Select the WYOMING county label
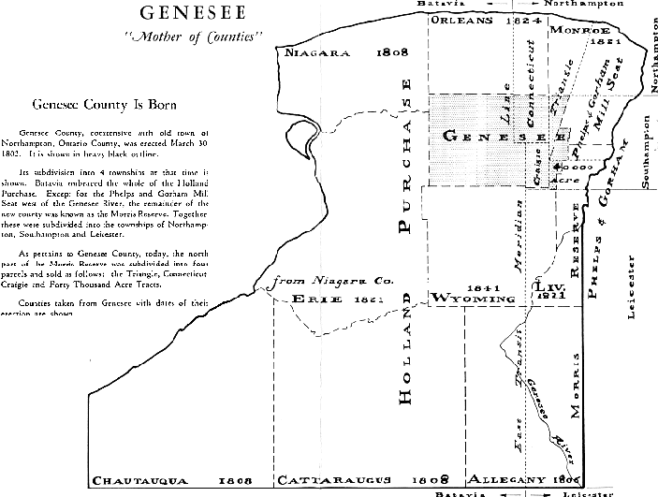point(474,299)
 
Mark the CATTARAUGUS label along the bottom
point(349,480)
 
